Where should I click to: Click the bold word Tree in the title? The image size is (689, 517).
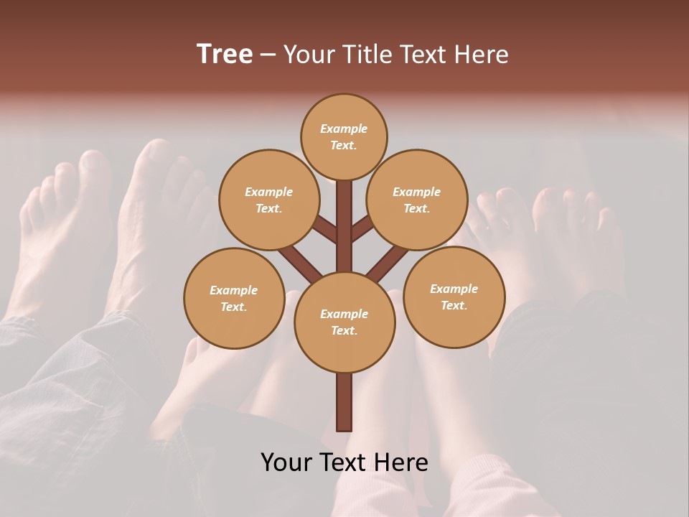click(225, 54)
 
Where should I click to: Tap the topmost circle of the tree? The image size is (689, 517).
click(344, 136)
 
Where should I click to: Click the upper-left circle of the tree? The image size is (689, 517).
click(268, 200)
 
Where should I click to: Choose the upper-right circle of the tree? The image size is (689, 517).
click(417, 200)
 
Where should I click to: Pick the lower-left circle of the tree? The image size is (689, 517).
click(233, 298)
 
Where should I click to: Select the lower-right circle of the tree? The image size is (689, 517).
click(454, 297)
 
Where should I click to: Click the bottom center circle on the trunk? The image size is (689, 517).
click(344, 322)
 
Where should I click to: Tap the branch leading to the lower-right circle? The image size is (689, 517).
click(388, 261)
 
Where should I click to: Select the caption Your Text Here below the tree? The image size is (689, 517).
click(344, 462)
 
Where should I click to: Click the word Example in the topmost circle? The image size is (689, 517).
click(344, 129)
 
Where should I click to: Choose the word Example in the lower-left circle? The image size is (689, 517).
click(233, 290)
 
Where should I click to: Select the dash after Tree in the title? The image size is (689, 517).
click(268, 55)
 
